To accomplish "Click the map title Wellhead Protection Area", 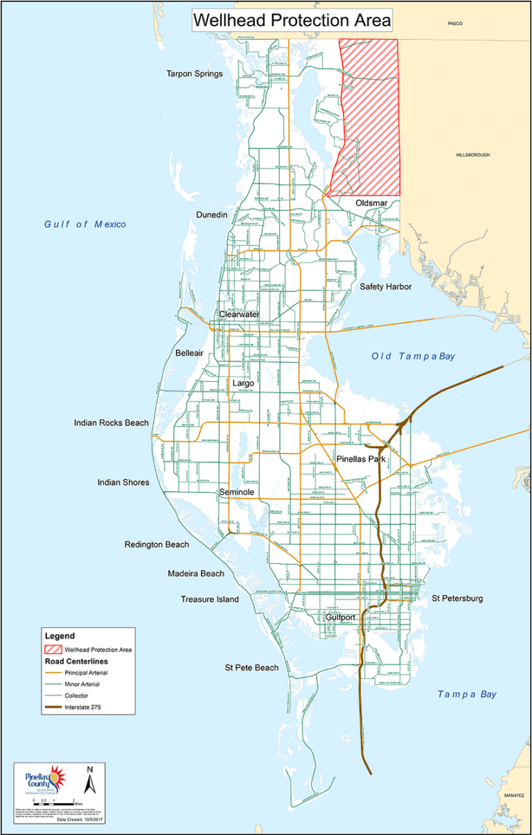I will [x=292, y=21].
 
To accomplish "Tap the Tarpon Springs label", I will [x=194, y=74].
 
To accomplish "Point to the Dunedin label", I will [x=211, y=215].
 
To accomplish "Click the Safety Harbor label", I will [x=386, y=286].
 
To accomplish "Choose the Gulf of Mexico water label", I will [x=85, y=224].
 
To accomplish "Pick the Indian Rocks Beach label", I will [x=112, y=422].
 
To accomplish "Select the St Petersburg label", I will [x=457, y=598].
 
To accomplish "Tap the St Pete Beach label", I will [x=251, y=668].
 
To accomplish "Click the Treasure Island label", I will [x=210, y=599].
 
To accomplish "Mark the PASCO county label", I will [x=454, y=24].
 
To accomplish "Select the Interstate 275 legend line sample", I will [x=52, y=706].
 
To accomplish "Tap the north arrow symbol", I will [x=89, y=780].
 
